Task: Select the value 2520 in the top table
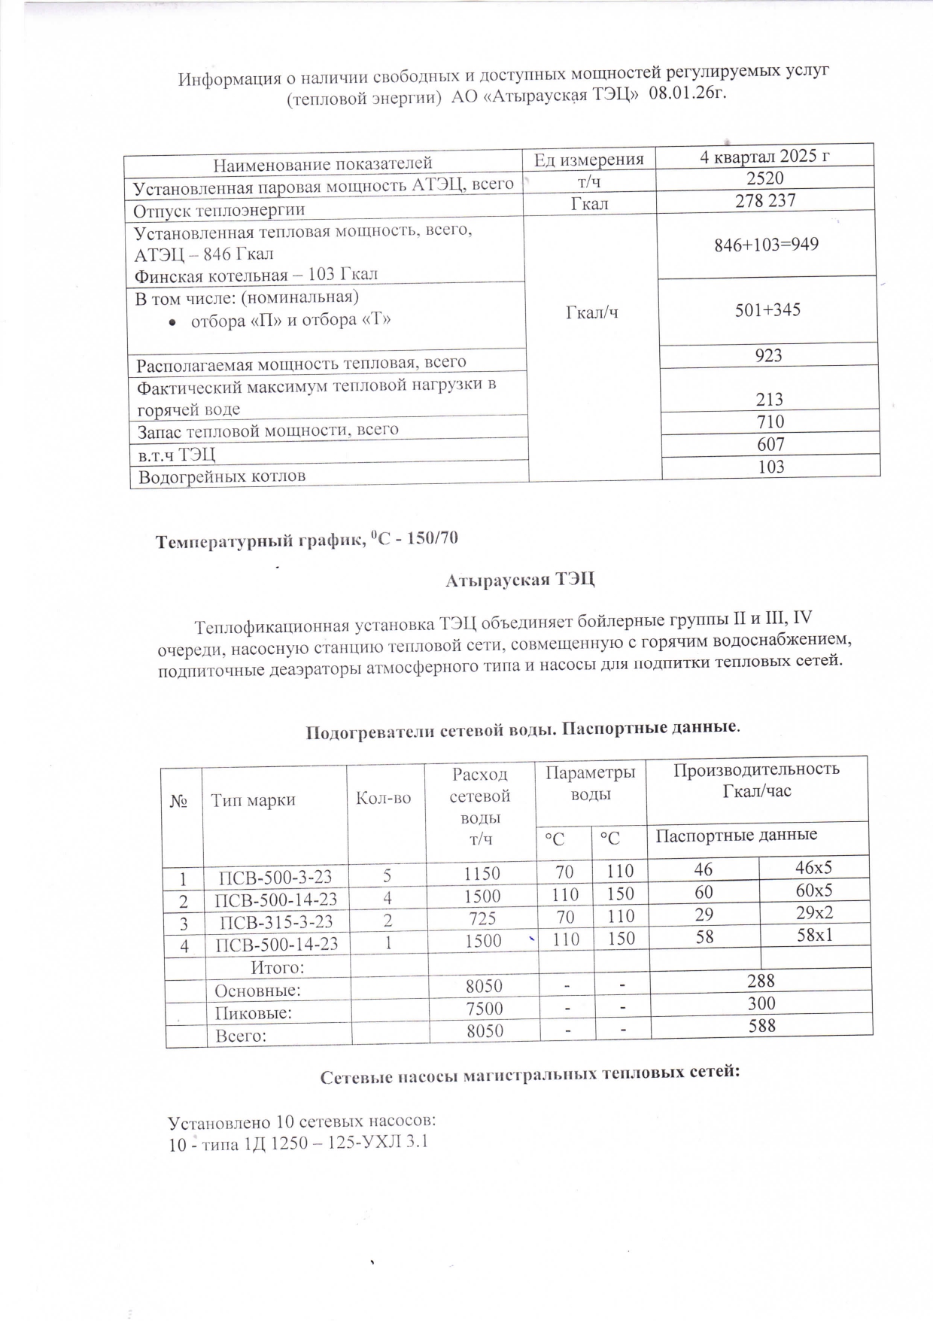point(764,178)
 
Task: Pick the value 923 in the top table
point(768,355)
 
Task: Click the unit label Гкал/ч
point(591,312)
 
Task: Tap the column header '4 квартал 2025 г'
point(764,157)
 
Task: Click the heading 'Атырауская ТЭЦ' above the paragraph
point(520,580)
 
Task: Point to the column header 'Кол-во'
point(383,798)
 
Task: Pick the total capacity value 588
point(761,1025)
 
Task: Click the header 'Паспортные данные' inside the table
point(736,835)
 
